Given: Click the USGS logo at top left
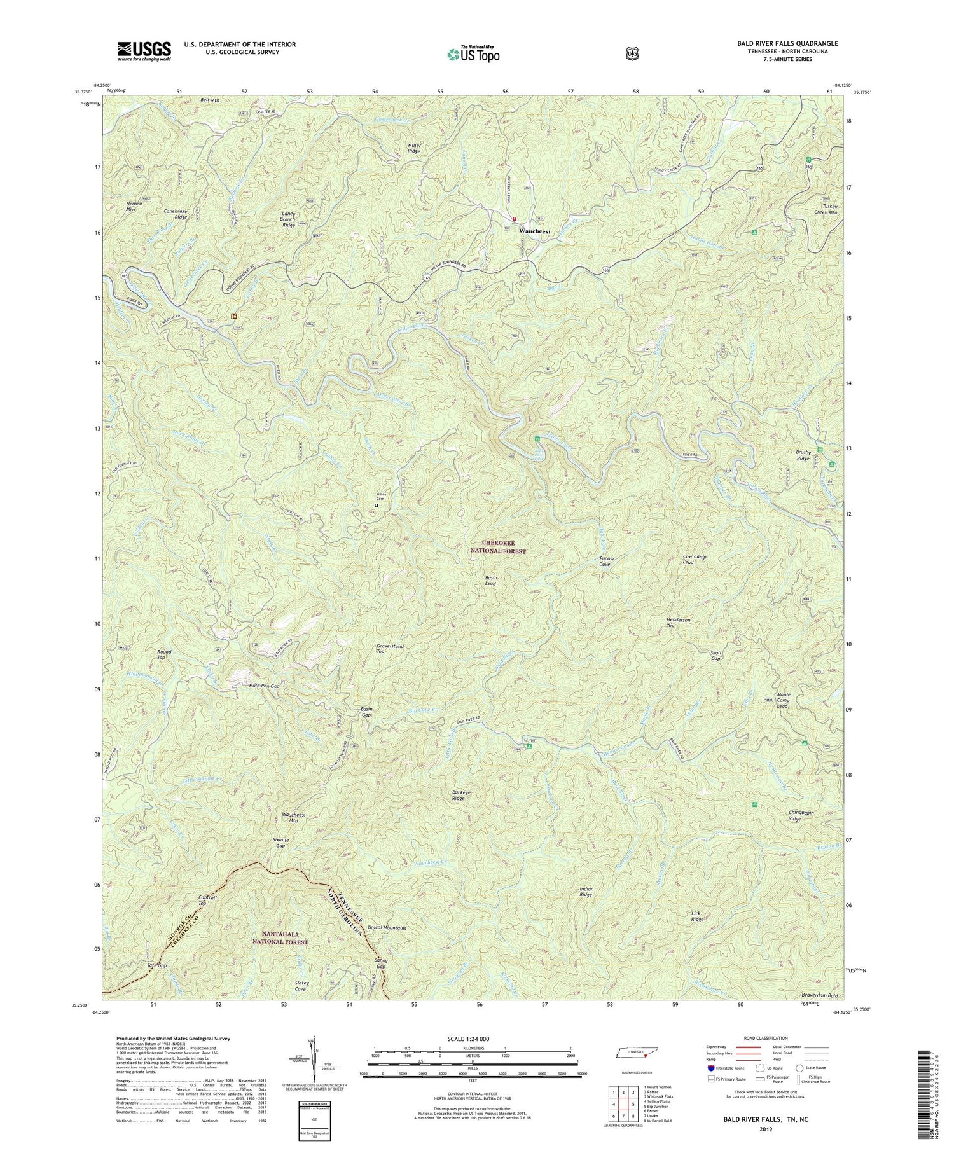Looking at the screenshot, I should pyautogui.click(x=144, y=50).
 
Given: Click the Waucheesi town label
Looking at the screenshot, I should pyautogui.click(x=534, y=231).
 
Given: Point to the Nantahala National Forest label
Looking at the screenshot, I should pyautogui.click(x=280, y=937).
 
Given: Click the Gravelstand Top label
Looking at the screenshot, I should pyautogui.click(x=390, y=649).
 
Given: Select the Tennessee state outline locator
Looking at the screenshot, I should pyautogui.click(x=634, y=1053).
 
